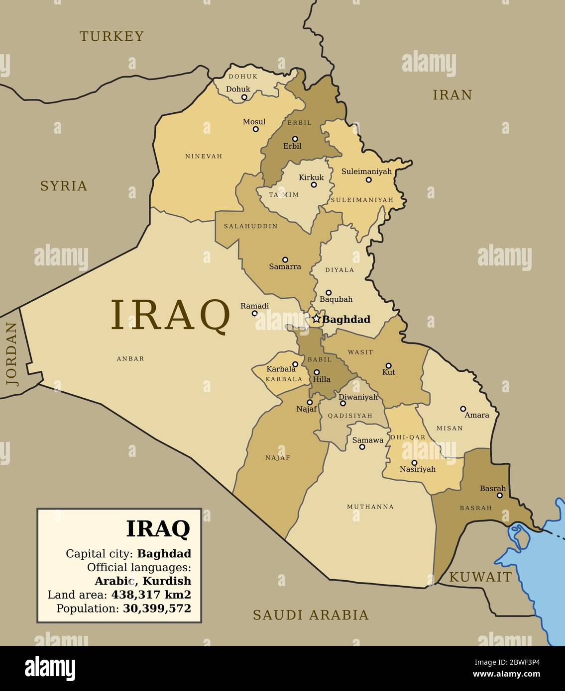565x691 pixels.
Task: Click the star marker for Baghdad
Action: [x=316, y=319]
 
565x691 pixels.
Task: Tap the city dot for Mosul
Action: [x=255, y=129]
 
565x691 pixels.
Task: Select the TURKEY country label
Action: [x=112, y=36]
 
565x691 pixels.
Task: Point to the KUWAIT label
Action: [x=480, y=577]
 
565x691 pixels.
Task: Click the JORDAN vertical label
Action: [x=12, y=354]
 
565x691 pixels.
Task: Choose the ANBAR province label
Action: [x=130, y=358]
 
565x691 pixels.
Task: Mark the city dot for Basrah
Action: [x=500, y=495]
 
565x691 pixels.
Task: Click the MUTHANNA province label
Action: [x=370, y=507]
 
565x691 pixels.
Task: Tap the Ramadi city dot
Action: [x=254, y=313]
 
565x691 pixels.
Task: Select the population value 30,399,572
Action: [x=157, y=608]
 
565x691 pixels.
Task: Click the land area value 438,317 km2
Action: [x=151, y=595]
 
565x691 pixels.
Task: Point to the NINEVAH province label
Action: [x=204, y=156]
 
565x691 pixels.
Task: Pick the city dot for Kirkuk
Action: [x=314, y=185]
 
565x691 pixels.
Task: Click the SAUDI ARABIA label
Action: [x=311, y=615]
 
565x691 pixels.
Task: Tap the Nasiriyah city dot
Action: [x=414, y=463]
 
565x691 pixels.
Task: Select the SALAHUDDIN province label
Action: [x=250, y=226]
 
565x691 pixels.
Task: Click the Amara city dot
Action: [x=463, y=409]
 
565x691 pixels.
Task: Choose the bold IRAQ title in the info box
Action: [x=158, y=529]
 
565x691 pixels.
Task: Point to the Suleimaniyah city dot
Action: [x=369, y=180]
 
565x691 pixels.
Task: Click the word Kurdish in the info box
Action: [x=166, y=581]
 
